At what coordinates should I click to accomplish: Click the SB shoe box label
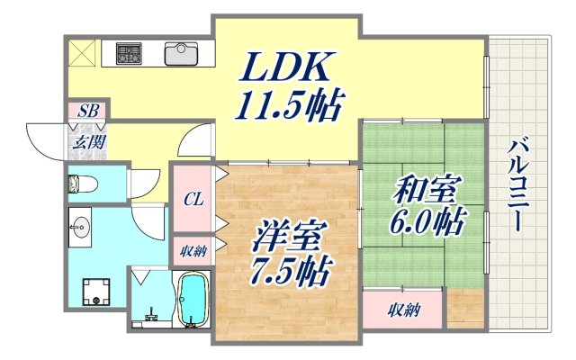pyautogui.click(x=88, y=112)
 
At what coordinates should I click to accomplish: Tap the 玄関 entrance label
pyautogui.click(x=87, y=142)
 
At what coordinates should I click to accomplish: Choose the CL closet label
pyautogui.click(x=192, y=199)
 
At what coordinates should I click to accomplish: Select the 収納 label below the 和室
pyautogui.click(x=403, y=310)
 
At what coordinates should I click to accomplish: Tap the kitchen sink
pyautogui.click(x=184, y=53)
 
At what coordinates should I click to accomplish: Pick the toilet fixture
pyautogui.click(x=83, y=184)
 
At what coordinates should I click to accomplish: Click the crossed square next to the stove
pyautogui.click(x=83, y=52)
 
